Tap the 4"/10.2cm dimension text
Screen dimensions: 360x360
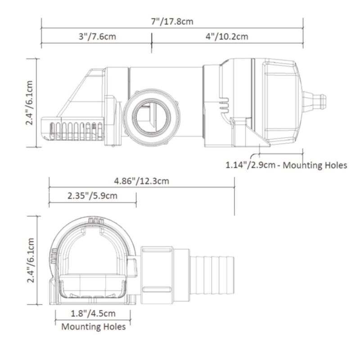227,36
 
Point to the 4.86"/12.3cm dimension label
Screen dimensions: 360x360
141,181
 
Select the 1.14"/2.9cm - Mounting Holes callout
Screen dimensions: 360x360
286,165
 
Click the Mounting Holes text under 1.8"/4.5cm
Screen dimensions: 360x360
93,326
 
